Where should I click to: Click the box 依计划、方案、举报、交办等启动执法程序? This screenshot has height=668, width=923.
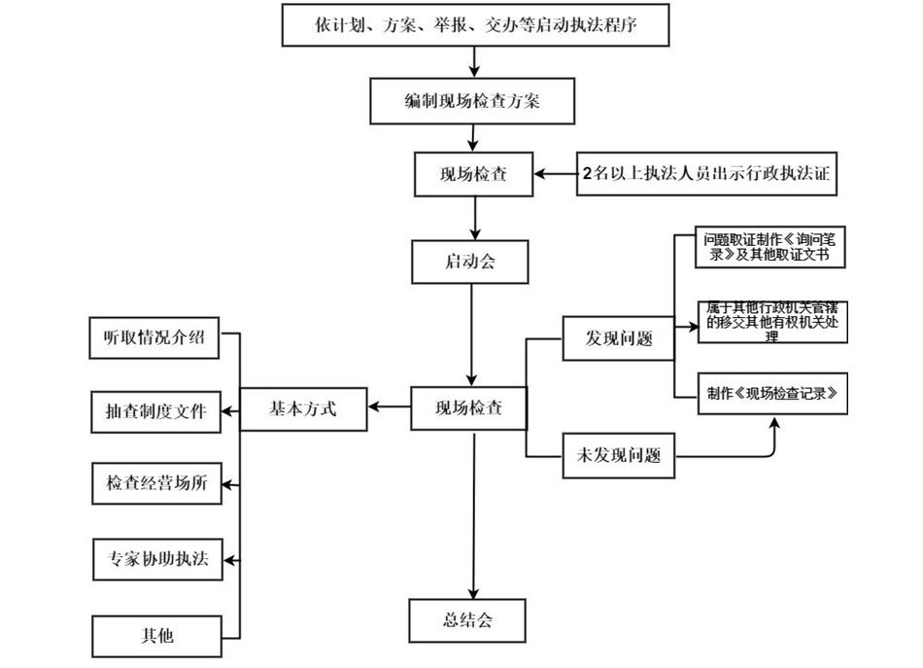(x=474, y=26)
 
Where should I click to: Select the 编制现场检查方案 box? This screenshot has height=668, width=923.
(x=472, y=101)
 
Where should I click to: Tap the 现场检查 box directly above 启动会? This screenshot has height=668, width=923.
(x=473, y=175)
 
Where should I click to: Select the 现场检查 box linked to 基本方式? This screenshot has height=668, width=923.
(x=469, y=408)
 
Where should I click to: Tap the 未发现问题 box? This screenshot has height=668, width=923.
(x=618, y=456)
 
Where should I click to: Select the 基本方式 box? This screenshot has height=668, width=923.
(x=302, y=409)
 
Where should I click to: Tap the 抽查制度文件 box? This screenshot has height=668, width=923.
(x=155, y=410)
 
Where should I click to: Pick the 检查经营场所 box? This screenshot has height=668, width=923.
(x=155, y=484)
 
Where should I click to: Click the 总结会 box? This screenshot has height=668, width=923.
(x=466, y=620)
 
